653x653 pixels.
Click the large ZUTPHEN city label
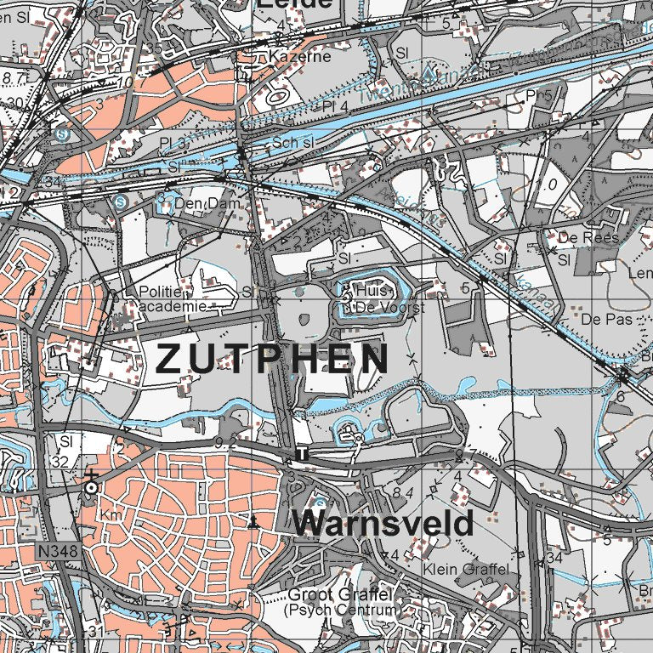pyautogui.click(x=272, y=360)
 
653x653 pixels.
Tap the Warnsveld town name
pyautogui.click(x=383, y=523)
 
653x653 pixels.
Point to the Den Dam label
pyautogui.click(x=202, y=204)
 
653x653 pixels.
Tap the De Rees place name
pyautogui.click(x=588, y=237)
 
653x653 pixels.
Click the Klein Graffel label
pyautogui.click(x=467, y=568)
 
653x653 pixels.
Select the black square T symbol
pyautogui.click(x=303, y=456)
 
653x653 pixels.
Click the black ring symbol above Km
pyautogui.click(x=91, y=488)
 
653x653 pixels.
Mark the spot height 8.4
pyautogui.click(x=402, y=492)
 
